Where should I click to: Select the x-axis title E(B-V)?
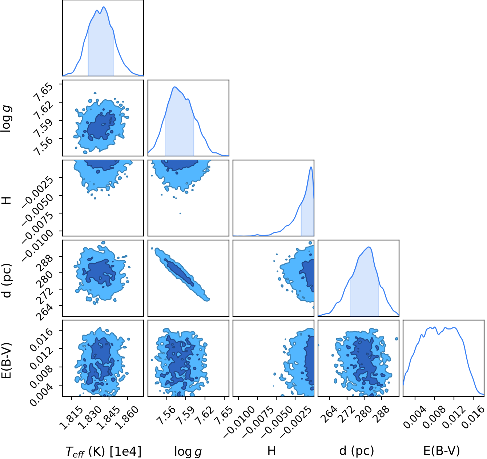coord(442,451)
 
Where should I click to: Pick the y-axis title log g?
coord(6,119)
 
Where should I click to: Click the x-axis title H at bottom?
coord(271,451)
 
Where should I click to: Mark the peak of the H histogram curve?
coord(311,167)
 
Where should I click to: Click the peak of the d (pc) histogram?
coord(369,247)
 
